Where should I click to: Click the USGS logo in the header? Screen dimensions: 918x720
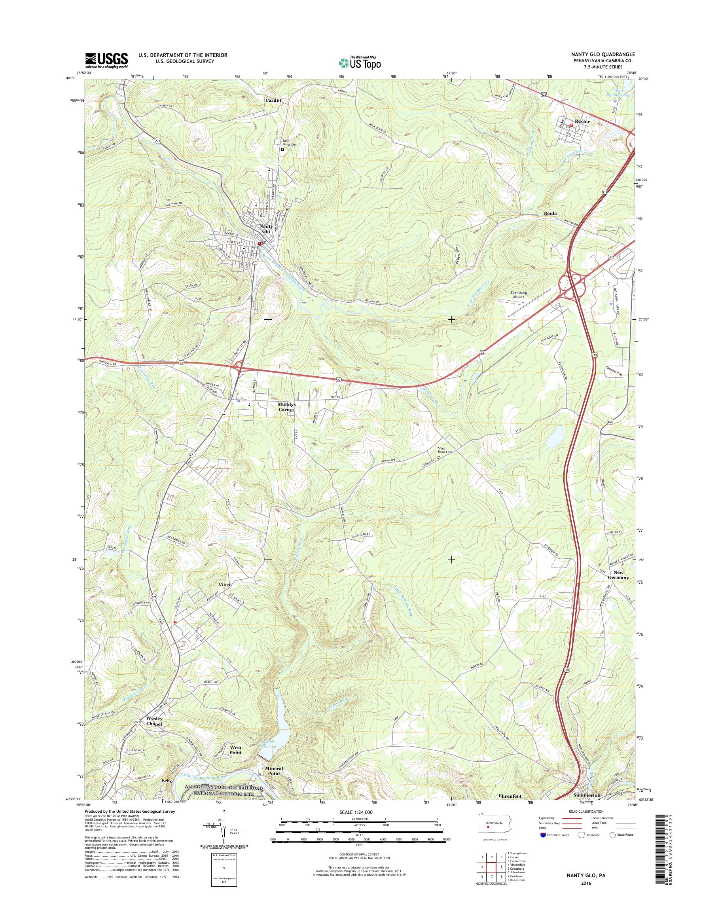tap(107, 61)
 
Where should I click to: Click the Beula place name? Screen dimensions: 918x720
tap(550, 213)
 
